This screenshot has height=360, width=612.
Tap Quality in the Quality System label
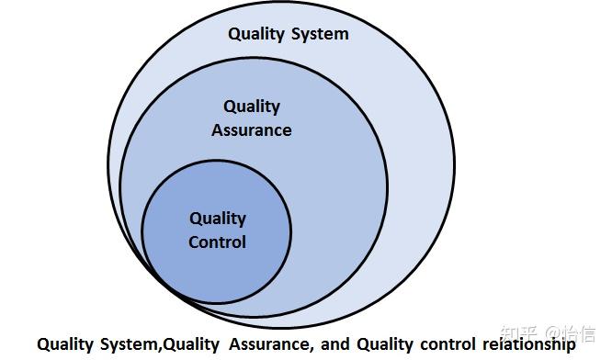pyautogui.click(x=258, y=35)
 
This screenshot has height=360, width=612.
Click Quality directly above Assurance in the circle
pyautogui.click(x=251, y=107)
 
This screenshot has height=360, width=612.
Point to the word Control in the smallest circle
pyautogui.click(x=217, y=242)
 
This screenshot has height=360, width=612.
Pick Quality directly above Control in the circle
pyautogui.click(x=218, y=219)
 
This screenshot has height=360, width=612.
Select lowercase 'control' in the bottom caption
pyautogui.click(x=439, y=344)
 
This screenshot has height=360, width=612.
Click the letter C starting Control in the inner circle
pyautogui.click(x=194, y=242)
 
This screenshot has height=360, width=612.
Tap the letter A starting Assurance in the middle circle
pyautogui.click(x=217, y=130)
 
